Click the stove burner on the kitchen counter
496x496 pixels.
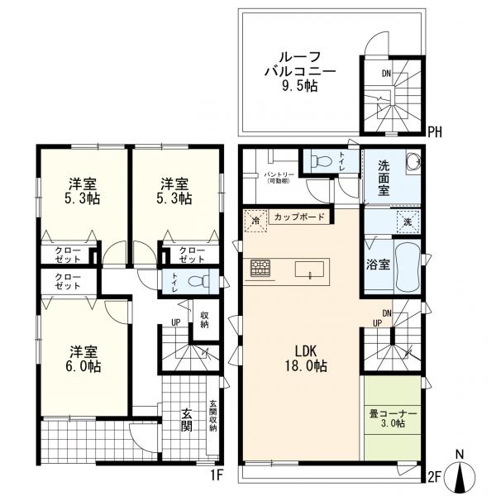[x=261, y=268]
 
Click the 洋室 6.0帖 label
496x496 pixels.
[x=84, y=358]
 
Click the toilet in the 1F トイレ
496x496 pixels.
[x=195, y=281]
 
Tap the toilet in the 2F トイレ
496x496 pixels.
[x=323, y=161]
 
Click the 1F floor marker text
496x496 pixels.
[x=216, y=475]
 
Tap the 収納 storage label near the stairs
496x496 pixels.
[x=203, y=318]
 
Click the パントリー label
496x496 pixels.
[x=275, y=176]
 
